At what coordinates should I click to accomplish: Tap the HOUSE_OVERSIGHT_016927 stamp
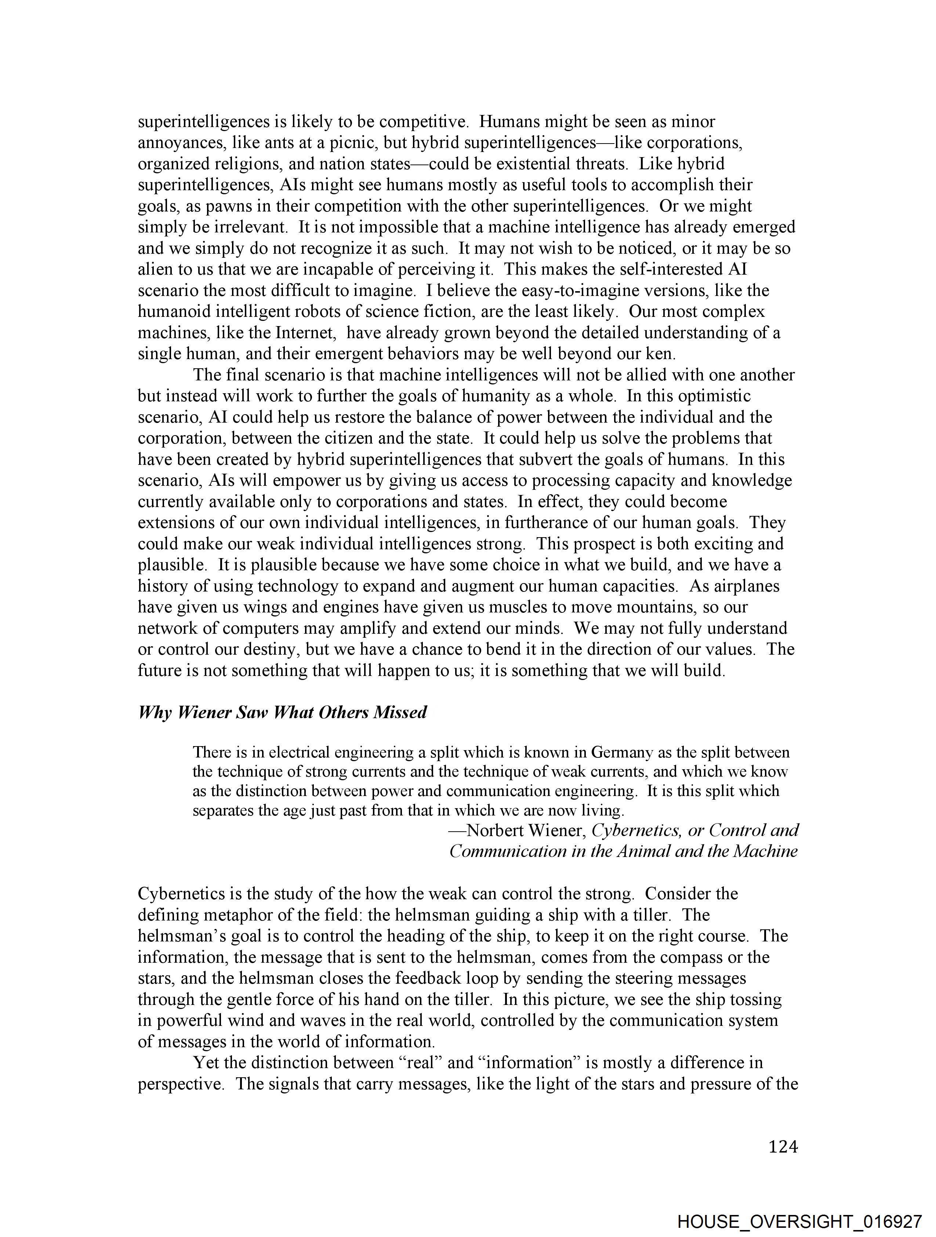point(799,1221)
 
